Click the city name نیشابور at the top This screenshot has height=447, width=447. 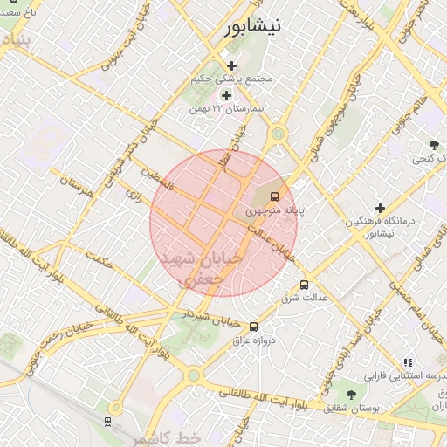pyautogui.click(x=254, y=25)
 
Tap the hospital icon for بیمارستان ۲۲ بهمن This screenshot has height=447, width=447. pyautogui.click(x=226, y=95)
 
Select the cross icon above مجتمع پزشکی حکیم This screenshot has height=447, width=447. pyautogui.click(x=231, y=65)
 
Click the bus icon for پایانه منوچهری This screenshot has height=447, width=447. pyautogui.click(x=275, y=196)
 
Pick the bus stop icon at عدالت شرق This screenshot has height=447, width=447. pyautogui.click(x=304, y=285)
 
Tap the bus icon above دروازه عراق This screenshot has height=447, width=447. pyautogui.click(x=253, y=327)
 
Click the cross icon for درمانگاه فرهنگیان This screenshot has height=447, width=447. pyautogui.click(x=380, y=208)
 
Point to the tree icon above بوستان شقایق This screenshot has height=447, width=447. pyautogui.click(x=351, y=395)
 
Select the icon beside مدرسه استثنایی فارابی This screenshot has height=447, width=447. pyautogui.click(x=407, y=362)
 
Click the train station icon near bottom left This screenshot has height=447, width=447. pyautogui.click(x=107, y=423)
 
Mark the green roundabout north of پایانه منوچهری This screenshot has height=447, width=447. pyautogui.click(x=279, y=134)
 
